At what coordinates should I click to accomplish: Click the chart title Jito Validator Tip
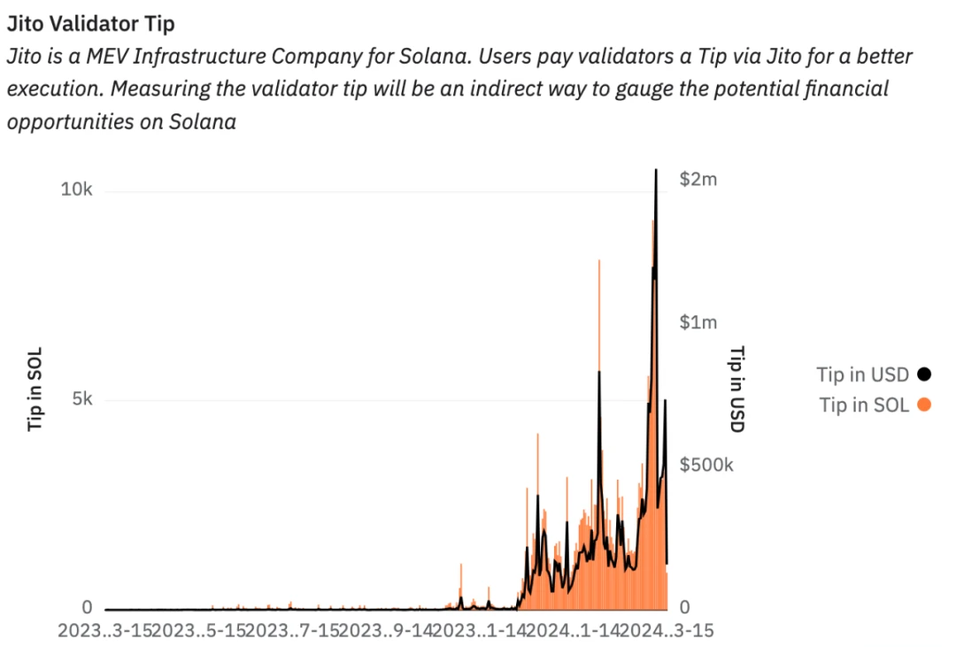[90, 24]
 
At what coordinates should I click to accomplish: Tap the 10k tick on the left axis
[77, 190]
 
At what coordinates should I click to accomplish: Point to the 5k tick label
[82, 399]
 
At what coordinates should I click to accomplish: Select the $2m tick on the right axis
[698, 179]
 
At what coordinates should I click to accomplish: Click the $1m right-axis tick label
[698, 322]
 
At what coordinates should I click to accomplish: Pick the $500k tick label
[705, 466]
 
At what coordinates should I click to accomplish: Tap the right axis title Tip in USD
[736, 389]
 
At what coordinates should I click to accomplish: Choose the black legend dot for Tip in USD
[925, 374]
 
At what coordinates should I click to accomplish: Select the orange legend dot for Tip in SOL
[925, 405]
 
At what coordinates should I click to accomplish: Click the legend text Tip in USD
[862, 374]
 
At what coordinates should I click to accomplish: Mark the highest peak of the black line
[656, 170]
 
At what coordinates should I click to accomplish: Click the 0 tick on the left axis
[87, 608]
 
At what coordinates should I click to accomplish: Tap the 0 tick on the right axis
[684, 608]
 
